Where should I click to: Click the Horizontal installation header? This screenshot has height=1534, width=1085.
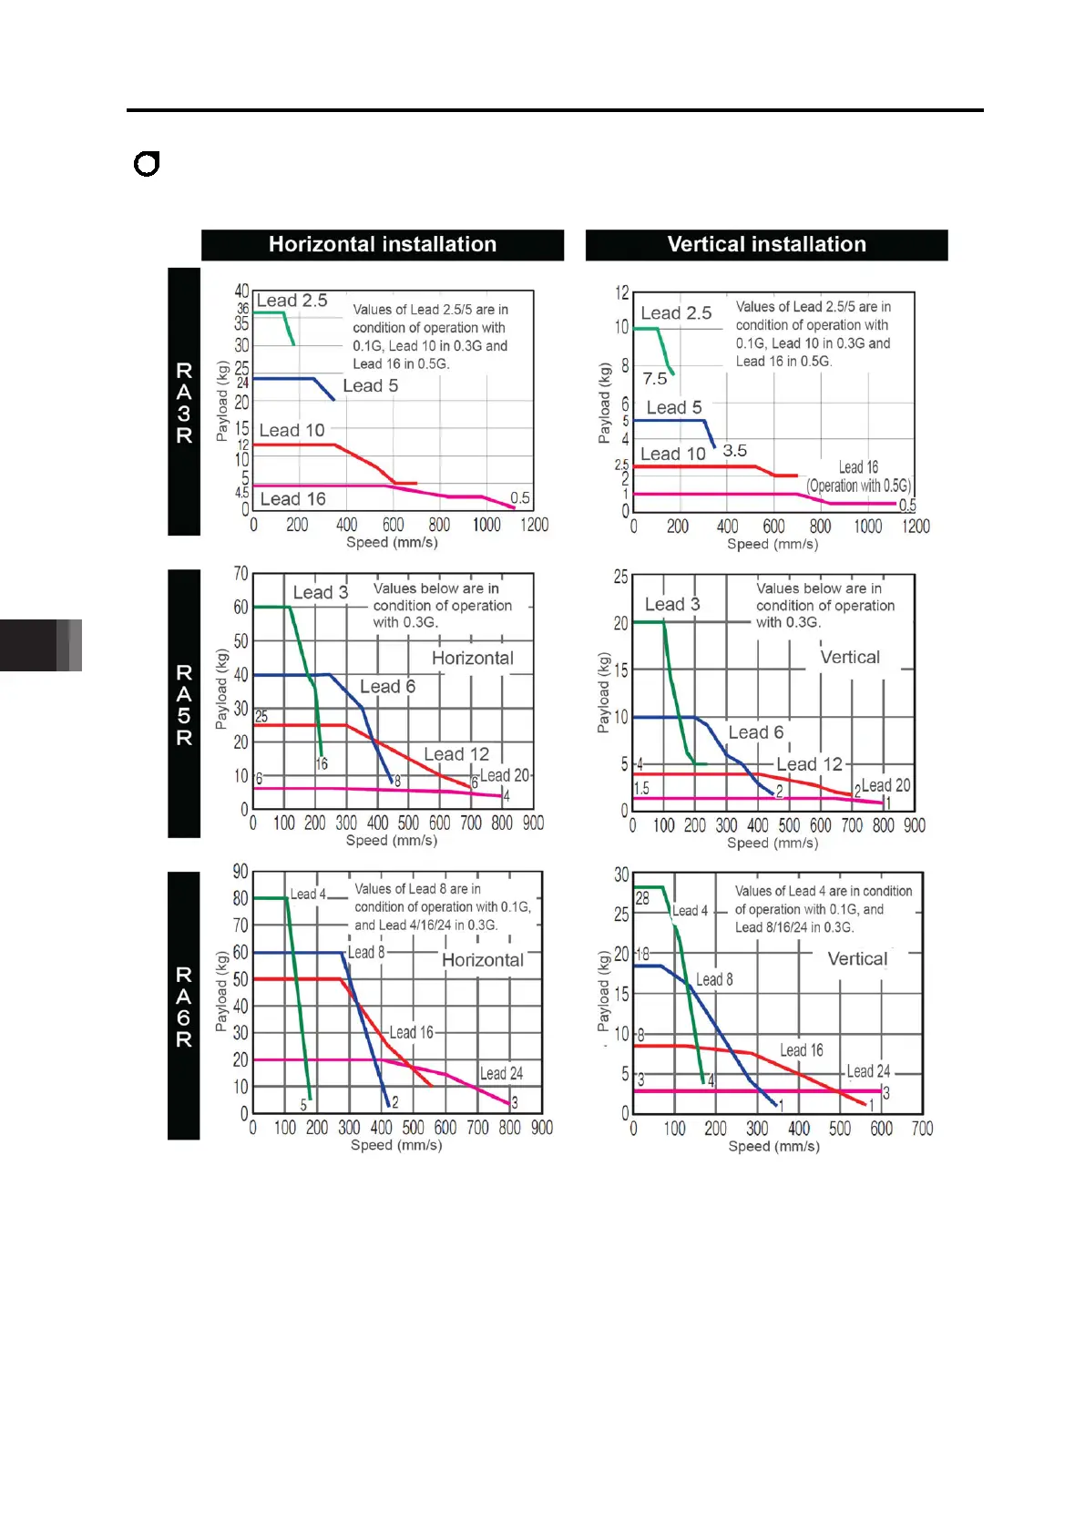coord(382,244)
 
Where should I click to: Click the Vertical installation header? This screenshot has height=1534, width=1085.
coord(766,244)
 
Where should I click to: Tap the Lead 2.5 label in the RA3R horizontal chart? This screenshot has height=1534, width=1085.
coord(292,301)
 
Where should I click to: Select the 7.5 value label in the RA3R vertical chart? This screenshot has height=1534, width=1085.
coord(654,379)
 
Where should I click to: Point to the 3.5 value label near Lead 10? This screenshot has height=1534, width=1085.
coord(734,451)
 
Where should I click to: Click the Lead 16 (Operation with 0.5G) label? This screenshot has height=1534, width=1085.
coord(858,476)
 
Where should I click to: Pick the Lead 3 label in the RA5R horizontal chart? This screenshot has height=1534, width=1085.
coord(320,592)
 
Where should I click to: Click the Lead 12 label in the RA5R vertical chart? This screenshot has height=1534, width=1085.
coord(809,764)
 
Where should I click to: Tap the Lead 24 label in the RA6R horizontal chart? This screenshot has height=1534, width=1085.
coord(501,1074)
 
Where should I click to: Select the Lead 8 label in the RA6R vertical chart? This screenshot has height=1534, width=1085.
coord(714,980)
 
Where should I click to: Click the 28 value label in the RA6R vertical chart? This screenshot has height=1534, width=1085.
coord(642,899)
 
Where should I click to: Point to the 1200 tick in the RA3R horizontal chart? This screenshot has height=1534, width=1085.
coord(534,525)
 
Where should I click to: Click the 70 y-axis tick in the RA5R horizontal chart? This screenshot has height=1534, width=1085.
coord(241,574)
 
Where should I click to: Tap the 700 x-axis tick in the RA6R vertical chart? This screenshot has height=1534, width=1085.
coord(922,1129)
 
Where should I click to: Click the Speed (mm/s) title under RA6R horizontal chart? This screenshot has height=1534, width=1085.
coord(396,1145)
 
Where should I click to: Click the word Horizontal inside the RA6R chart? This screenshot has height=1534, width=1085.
coord(482,960)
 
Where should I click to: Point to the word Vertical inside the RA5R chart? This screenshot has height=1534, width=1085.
coord(849,658)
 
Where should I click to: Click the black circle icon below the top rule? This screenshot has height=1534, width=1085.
coord(147,164)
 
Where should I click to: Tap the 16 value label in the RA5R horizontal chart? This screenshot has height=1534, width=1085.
coord(322,764)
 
